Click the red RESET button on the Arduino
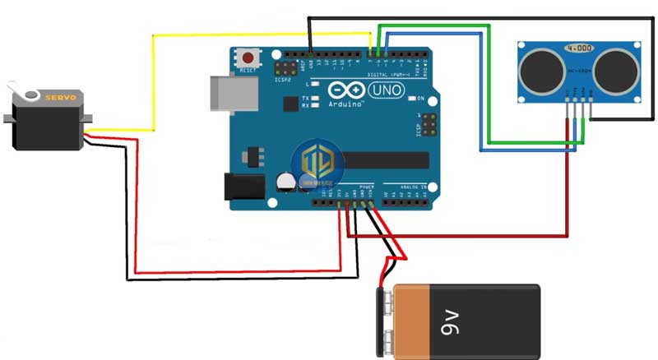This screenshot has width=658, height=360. (x=247, y=58)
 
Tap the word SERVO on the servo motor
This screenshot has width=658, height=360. (x=60, y=97)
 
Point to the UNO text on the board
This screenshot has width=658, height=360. (x=386, y=90)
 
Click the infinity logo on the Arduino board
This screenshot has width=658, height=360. (x=345, y=90)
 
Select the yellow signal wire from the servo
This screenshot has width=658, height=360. (x=153, y=82)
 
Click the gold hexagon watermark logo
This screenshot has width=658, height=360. (x=317, y=162)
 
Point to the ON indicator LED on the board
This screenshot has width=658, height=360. (x=410, y=98)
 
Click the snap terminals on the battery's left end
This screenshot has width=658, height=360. (x=386, y=320)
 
